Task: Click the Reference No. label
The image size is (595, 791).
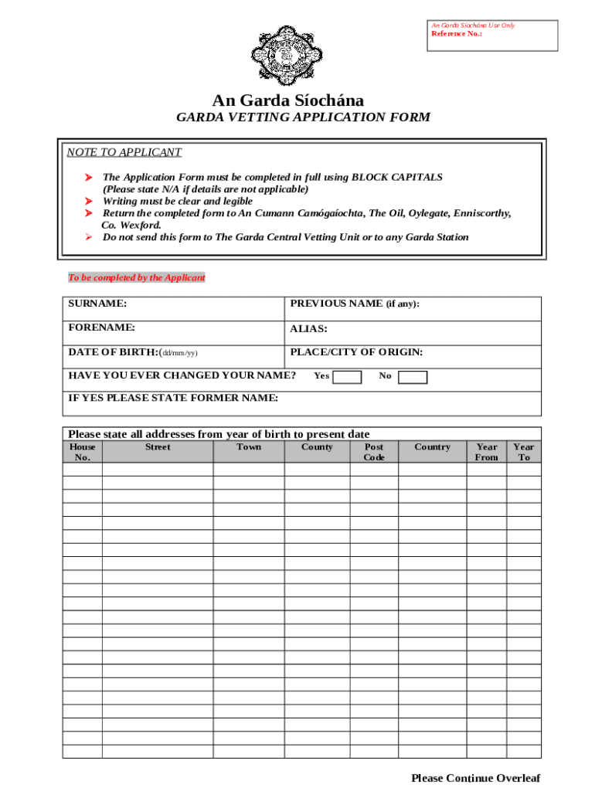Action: tap(457, 34)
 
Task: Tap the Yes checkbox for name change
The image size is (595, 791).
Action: tap(347, 377)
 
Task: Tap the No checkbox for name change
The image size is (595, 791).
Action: tap(413, 377)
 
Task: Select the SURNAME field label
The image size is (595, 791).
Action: tap(98, 304)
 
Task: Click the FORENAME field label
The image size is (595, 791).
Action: tap(102, 328)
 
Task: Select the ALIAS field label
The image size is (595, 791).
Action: tap(308, 329)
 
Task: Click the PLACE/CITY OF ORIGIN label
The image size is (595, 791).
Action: tap(356, 353)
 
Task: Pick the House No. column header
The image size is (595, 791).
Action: tap(83, 452)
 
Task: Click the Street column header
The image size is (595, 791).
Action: tap(158, 447)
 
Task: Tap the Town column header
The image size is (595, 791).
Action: tap(249, 447)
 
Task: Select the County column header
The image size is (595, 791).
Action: tap(317, 447)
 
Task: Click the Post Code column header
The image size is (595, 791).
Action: tap(374, 452)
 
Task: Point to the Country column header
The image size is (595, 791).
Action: tap(432, 447)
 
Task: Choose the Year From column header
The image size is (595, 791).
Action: tap(487, 452)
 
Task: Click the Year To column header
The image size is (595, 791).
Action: tap(524, 452)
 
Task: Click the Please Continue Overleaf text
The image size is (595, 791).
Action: tap(475, 778)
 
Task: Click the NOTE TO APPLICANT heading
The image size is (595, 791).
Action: tap(124, 152)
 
